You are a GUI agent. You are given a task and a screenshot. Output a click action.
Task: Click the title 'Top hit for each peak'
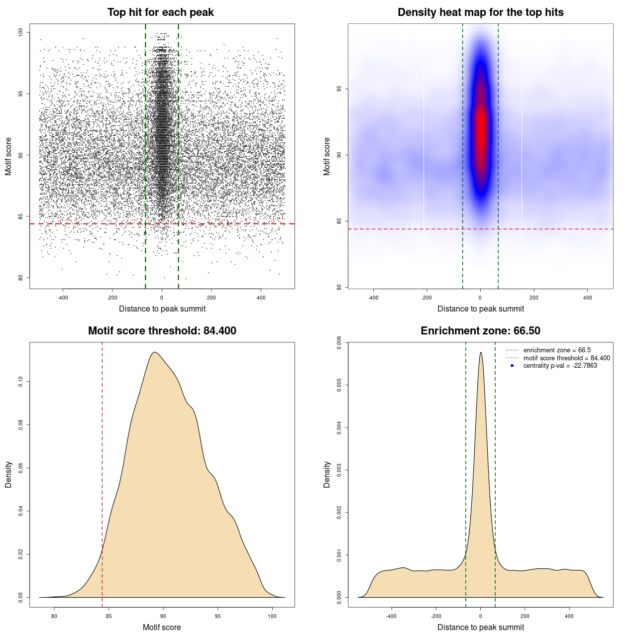160,12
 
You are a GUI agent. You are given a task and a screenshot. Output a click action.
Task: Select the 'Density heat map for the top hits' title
480,12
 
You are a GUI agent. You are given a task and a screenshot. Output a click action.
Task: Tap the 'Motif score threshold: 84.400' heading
162,331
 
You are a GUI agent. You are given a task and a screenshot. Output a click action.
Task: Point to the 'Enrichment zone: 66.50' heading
480,331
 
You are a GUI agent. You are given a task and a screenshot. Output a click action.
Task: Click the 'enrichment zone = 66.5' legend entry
557,350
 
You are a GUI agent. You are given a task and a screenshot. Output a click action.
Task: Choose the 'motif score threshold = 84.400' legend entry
566,358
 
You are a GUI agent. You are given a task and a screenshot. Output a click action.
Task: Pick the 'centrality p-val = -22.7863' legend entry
560,366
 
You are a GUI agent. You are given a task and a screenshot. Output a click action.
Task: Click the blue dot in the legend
512,366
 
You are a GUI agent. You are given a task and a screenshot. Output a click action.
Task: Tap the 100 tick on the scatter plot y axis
21,32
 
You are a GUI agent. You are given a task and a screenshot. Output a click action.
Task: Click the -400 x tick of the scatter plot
63,298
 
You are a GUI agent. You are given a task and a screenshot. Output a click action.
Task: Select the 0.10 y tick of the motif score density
21,382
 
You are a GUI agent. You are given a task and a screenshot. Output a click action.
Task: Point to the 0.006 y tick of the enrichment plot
339,342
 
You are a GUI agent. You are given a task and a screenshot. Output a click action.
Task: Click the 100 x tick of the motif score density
272,616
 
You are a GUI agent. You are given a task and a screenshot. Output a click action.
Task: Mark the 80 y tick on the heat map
339,287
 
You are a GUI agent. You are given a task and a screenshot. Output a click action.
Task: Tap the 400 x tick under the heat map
587,298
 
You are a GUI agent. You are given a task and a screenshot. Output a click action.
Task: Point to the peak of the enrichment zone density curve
481,352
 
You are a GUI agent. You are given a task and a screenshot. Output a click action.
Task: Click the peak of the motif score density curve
155,352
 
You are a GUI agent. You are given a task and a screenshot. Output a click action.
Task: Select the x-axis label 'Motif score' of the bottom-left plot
162,627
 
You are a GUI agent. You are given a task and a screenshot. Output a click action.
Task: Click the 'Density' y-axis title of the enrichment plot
327,474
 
